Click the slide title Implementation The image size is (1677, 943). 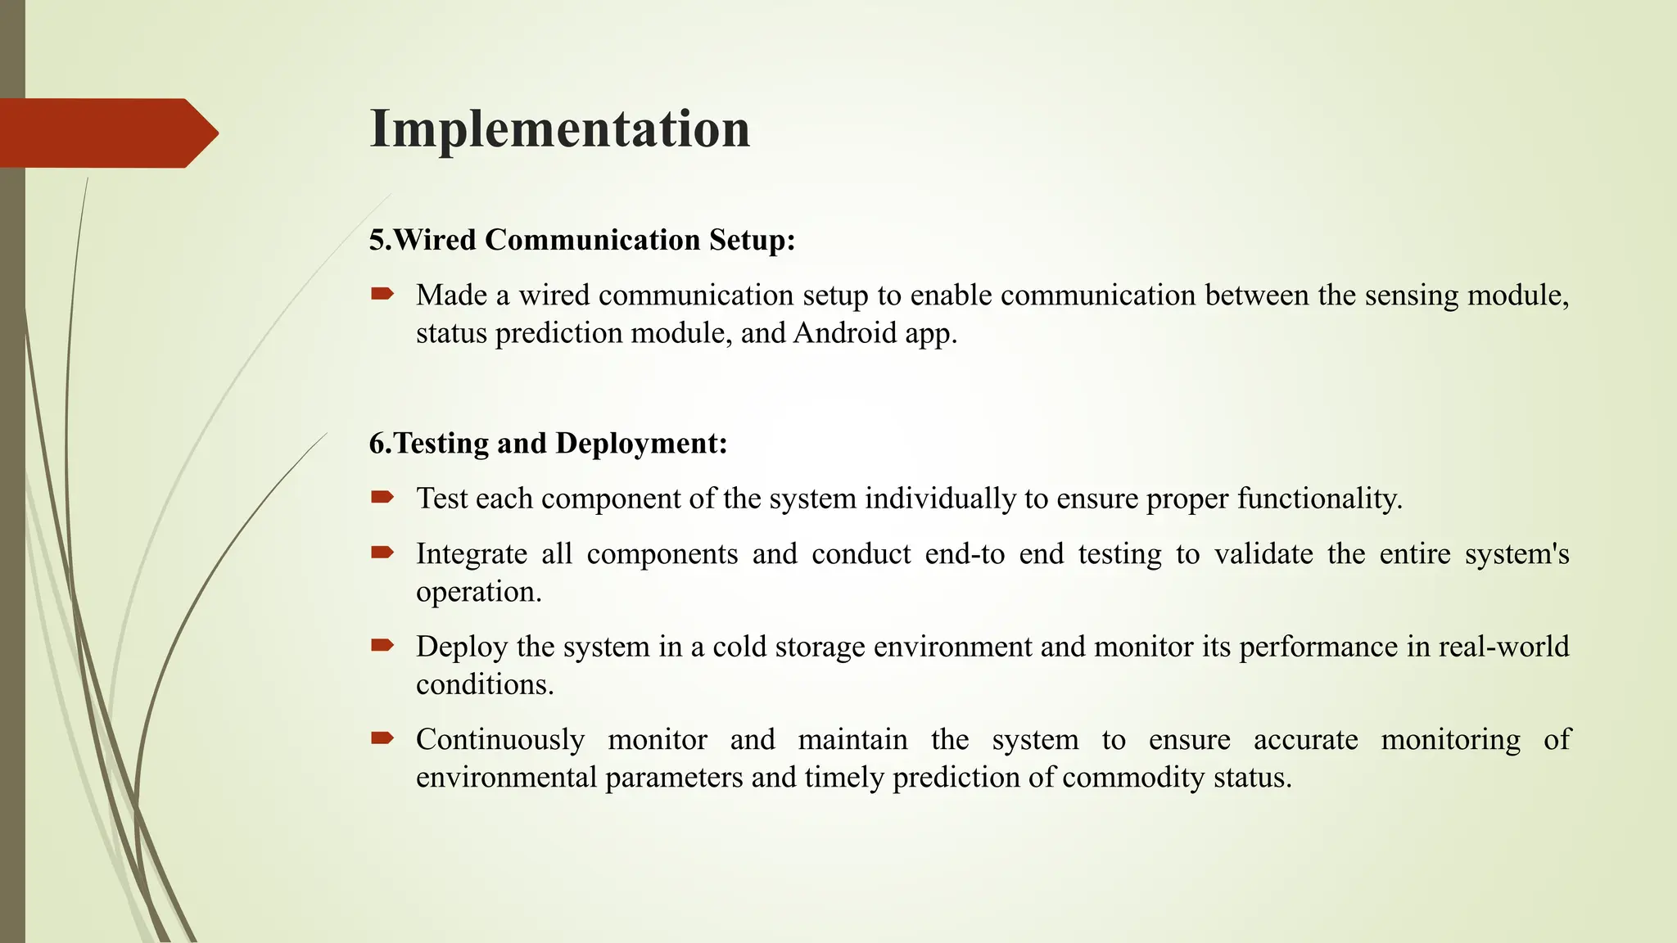click(560, 129)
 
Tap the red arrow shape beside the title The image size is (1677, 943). click(106, 133)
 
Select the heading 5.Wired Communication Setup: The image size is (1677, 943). click(582, 240)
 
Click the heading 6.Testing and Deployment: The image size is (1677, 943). click(548, 443)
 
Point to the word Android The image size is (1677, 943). click(845, 333)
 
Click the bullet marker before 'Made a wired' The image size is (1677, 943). click(382, 294)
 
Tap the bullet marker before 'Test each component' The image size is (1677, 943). click(382, 497)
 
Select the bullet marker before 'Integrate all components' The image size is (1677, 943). click(382, 553)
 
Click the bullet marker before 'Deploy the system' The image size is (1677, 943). click(382, 645)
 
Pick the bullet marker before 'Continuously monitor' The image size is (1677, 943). click(382, 738)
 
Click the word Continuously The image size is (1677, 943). click(500, 740)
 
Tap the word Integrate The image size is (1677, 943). click(471, 554)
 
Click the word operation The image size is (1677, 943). click(478, 592)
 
